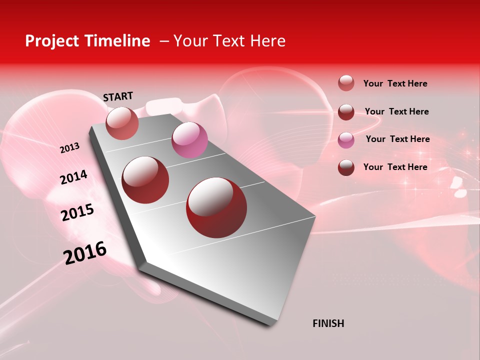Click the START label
[118, 96]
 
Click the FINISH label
[328, 323]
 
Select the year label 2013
[70, 148]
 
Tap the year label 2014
[74, 177]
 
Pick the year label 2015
[77, 212]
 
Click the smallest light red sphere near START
[122, 123]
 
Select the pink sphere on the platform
[189, 140]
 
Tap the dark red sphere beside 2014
[145, 180]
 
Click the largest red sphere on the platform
[216, 207]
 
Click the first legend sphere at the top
[346, 83]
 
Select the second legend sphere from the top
[346, 111]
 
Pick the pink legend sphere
[346, 139]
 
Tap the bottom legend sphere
[346, 167]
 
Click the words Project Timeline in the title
[87, 41]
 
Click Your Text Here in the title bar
[229, 41]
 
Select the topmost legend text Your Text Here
[395, 83]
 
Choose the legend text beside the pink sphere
[397, 139]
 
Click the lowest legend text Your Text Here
[395, 167]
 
